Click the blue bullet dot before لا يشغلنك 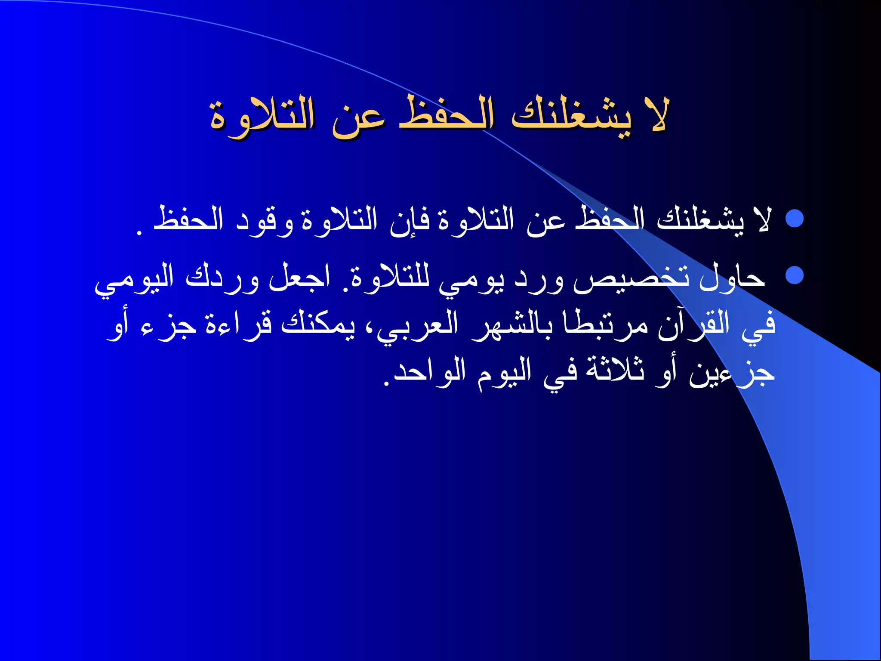(x=794, y=219)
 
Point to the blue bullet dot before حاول (x=794, y=275)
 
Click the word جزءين (x=731, y=374)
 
